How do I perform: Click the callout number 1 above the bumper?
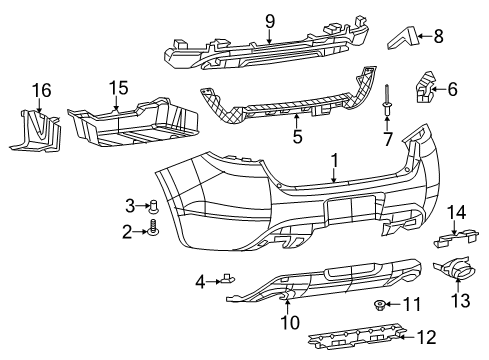[x=335, y=158]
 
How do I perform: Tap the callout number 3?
[x=129, y=206]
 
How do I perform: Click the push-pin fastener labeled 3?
[x=155, y=208]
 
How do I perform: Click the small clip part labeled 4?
[x=227, y=281]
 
